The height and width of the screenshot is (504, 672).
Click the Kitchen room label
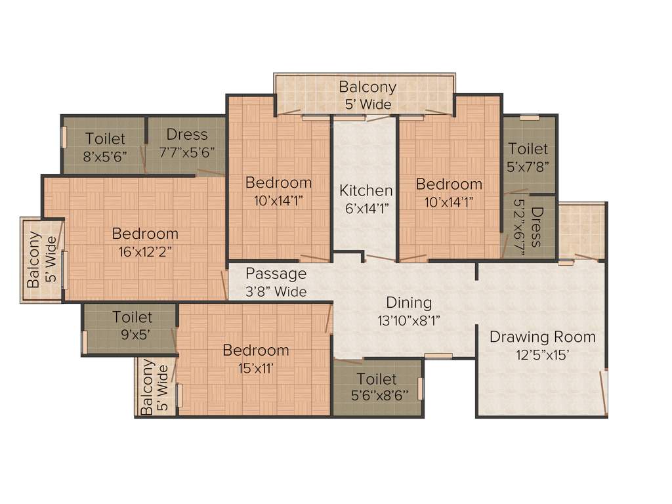[366, 190]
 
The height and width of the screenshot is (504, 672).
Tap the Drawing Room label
[543, 337]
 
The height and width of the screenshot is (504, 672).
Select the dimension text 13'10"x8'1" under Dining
[409, 320]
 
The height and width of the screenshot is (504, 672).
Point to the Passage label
[276, 274]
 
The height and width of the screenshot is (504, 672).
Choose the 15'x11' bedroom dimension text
[255, 367]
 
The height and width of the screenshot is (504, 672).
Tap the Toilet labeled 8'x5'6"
[105, 138]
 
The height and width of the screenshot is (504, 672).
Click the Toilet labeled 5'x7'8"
[528, 149]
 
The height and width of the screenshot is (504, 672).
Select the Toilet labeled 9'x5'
[132, 317]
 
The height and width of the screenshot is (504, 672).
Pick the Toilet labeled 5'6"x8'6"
[377, 379]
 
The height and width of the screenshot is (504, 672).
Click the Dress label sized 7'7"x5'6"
[187, 135]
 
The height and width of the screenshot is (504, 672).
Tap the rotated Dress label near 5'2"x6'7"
[537, 227]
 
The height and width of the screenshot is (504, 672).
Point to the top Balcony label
[367, 87]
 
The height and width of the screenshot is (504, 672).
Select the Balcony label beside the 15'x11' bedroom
[148, 387]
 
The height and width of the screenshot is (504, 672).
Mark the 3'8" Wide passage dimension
[276, 291]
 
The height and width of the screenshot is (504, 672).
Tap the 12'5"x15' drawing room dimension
[543, 355]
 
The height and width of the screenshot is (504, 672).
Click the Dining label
[409, 303]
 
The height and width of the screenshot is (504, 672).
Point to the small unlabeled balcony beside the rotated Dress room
[581, 231]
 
